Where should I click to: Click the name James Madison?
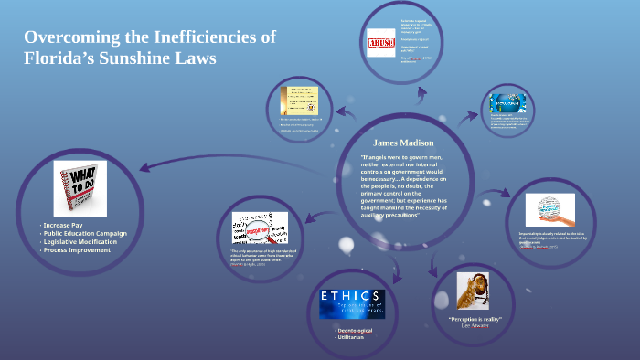(403, 143)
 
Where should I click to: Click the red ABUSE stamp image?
(379, 44)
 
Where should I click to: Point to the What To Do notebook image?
(80, 188)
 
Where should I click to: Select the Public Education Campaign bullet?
(85, 233)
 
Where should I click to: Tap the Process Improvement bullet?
(78, 249)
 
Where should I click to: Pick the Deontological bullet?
(356, 329)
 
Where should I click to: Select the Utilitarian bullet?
(350, 337)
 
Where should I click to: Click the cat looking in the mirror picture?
(475, 291)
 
